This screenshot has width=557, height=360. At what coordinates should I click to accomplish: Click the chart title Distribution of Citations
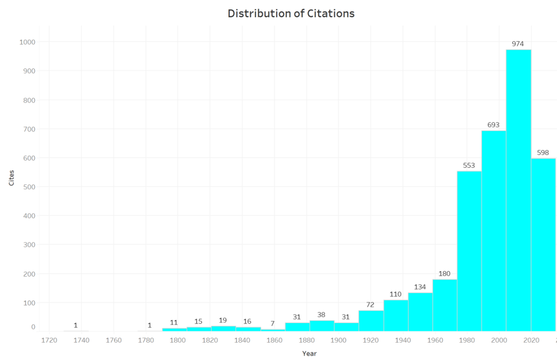[291, 14]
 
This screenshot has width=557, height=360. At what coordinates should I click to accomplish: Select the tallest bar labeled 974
[518, 190]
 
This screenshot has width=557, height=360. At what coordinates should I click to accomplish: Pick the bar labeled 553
[469, 250]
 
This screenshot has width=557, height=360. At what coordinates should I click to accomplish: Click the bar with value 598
[543, 245]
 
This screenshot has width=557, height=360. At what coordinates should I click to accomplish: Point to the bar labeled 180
[444, 305]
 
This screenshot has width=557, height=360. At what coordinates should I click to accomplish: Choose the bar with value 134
[420, 312]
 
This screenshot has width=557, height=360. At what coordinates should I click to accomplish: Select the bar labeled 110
[395, 315]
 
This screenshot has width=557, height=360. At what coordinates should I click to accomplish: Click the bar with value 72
[371, 321]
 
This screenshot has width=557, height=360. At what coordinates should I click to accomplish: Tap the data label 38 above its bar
[321, 314]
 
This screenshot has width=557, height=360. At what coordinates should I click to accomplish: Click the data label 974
[518, 44]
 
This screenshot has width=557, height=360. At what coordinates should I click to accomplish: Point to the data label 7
[273, 324]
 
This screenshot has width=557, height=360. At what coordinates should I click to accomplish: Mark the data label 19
[223, 320]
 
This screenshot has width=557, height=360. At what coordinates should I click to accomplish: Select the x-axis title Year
[310, 353]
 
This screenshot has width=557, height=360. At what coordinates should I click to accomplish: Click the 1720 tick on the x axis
[49, 340]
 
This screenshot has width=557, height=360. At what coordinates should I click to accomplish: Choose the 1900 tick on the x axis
[339, 340]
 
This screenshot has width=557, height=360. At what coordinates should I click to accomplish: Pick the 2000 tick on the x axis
[500, 340]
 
